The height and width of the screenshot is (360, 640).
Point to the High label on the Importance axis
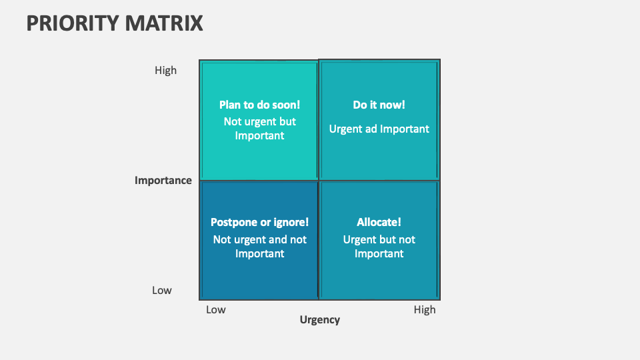165,70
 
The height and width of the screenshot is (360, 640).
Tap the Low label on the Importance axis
161,290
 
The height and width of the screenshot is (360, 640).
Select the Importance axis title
163,180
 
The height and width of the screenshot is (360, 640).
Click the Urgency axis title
319,319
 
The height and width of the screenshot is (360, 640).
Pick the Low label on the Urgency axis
216,309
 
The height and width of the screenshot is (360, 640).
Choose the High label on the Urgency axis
424,309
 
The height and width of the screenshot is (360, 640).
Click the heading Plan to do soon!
259,105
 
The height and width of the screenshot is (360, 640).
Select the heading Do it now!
379,105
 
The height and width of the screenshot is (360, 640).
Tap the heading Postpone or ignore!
259,222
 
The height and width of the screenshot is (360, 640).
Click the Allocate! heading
379,222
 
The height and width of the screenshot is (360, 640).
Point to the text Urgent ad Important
379,129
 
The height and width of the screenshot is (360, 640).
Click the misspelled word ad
371,129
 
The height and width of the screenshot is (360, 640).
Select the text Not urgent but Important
259,129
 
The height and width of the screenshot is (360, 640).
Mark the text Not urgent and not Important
259,246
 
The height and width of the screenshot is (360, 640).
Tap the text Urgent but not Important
379,246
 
